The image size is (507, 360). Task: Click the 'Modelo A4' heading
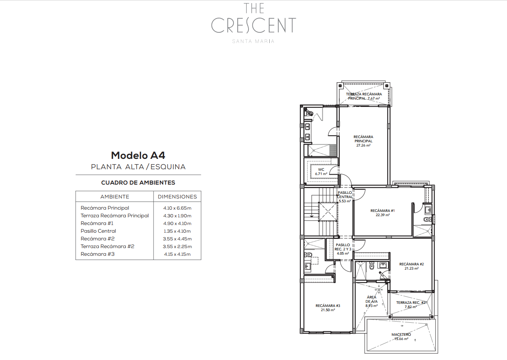138,155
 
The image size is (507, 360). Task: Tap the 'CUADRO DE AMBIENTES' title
138,183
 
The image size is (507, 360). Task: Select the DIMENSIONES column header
177,197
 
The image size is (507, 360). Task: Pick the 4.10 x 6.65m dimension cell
177,208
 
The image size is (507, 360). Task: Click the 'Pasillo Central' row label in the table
98,231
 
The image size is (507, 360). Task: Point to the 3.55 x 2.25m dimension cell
177,247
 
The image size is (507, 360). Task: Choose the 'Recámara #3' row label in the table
98,254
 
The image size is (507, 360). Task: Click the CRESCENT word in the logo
253,25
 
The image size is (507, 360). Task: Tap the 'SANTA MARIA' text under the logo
253,41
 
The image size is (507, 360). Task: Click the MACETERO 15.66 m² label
401,337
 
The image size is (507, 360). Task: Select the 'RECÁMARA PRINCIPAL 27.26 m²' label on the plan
363,141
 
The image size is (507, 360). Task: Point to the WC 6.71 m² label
321,172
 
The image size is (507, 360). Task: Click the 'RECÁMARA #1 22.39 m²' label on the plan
382,213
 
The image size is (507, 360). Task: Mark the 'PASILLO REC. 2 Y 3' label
343,247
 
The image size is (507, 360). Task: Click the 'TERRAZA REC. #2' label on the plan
410,303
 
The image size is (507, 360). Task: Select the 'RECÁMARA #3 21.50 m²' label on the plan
328,308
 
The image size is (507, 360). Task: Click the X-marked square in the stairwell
327,212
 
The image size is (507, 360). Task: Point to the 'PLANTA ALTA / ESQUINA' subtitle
138,167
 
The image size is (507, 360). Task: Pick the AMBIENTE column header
115,197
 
